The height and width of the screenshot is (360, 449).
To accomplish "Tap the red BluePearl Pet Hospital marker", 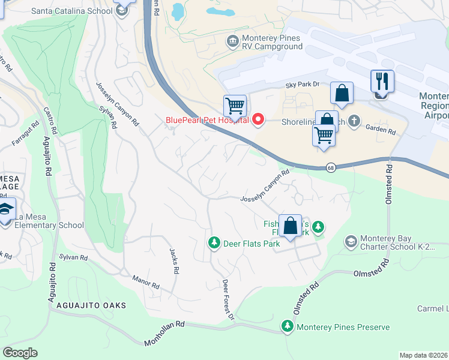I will tap(259, 119).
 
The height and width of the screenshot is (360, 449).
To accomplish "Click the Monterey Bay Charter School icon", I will tap(350, 242).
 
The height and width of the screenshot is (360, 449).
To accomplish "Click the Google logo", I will tap(20, 352).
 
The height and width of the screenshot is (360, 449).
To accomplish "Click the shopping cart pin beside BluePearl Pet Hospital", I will tap(235, 106).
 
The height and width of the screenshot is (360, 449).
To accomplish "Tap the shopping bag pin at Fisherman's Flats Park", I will tap(290, 226).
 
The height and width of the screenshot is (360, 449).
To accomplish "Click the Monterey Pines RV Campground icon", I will tap(232, 41).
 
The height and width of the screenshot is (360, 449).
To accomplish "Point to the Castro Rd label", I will tap(50, 120).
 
